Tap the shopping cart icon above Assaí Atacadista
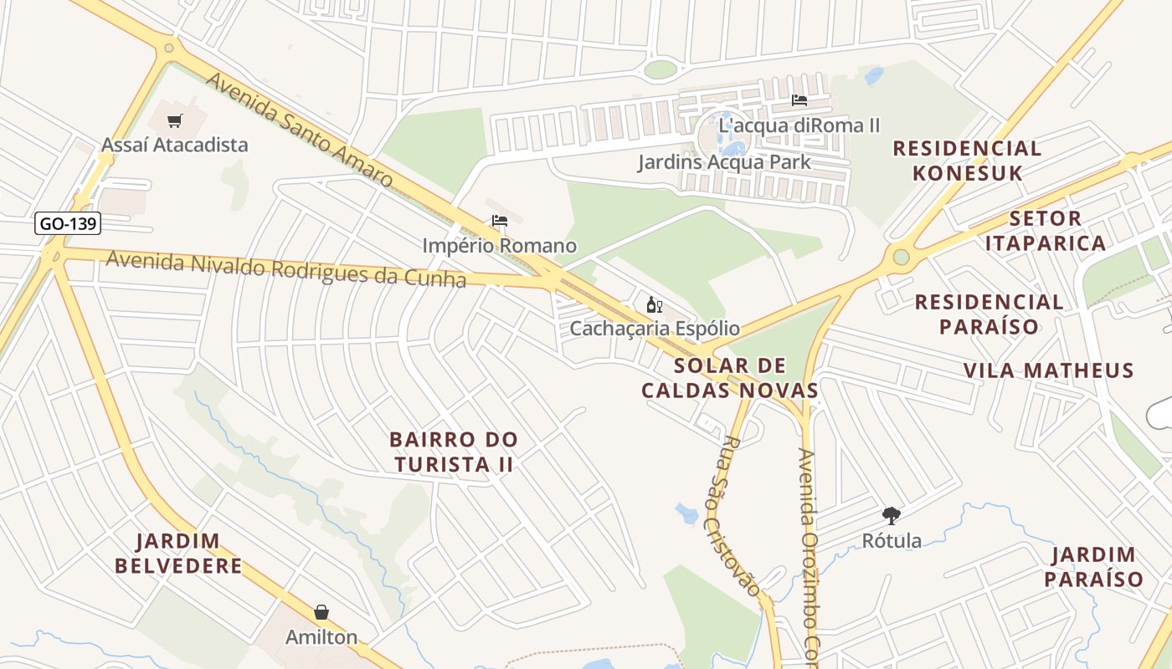coord(175,121)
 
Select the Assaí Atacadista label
coord(174,145)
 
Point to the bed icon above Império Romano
coord(500,222)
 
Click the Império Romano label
coord(500,246)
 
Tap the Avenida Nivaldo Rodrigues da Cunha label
coord(285,269)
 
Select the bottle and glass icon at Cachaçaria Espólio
coord(655,305)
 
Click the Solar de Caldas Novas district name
coord(730,378)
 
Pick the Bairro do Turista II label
coord(454,452)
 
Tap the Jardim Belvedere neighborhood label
coord(178,554)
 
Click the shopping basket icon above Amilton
coord(321,613)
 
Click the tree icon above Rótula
coord(892,516)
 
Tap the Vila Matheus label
coord(1048,370)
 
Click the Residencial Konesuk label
coord(967,161)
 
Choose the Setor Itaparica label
coord(1045,231)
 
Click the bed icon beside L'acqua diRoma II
coord(799,100)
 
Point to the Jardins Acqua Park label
coord(724,161)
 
